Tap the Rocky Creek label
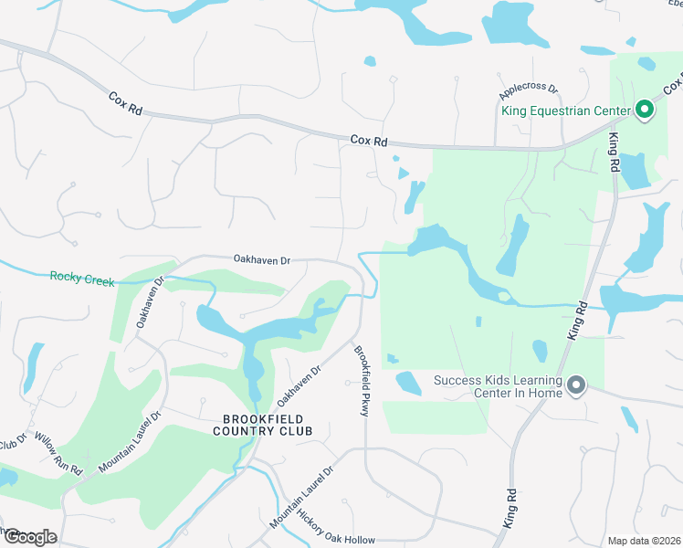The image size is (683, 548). click(82, 279)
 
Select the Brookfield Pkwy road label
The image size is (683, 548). click(361, 383)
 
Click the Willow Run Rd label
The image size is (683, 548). click(58, 453)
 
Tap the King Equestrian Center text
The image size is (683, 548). click(566, 111)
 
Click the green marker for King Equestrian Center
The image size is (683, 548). click(644, 111)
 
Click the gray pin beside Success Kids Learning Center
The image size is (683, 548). click(575, 386)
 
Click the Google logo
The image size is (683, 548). click(29, 537)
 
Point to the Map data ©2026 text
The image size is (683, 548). click(644, 541)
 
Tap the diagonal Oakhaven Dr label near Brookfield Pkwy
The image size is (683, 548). click(299, 386)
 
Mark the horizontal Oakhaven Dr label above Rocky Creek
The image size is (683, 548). click(260, 260)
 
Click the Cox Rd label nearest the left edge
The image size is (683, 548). click(126, 101)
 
